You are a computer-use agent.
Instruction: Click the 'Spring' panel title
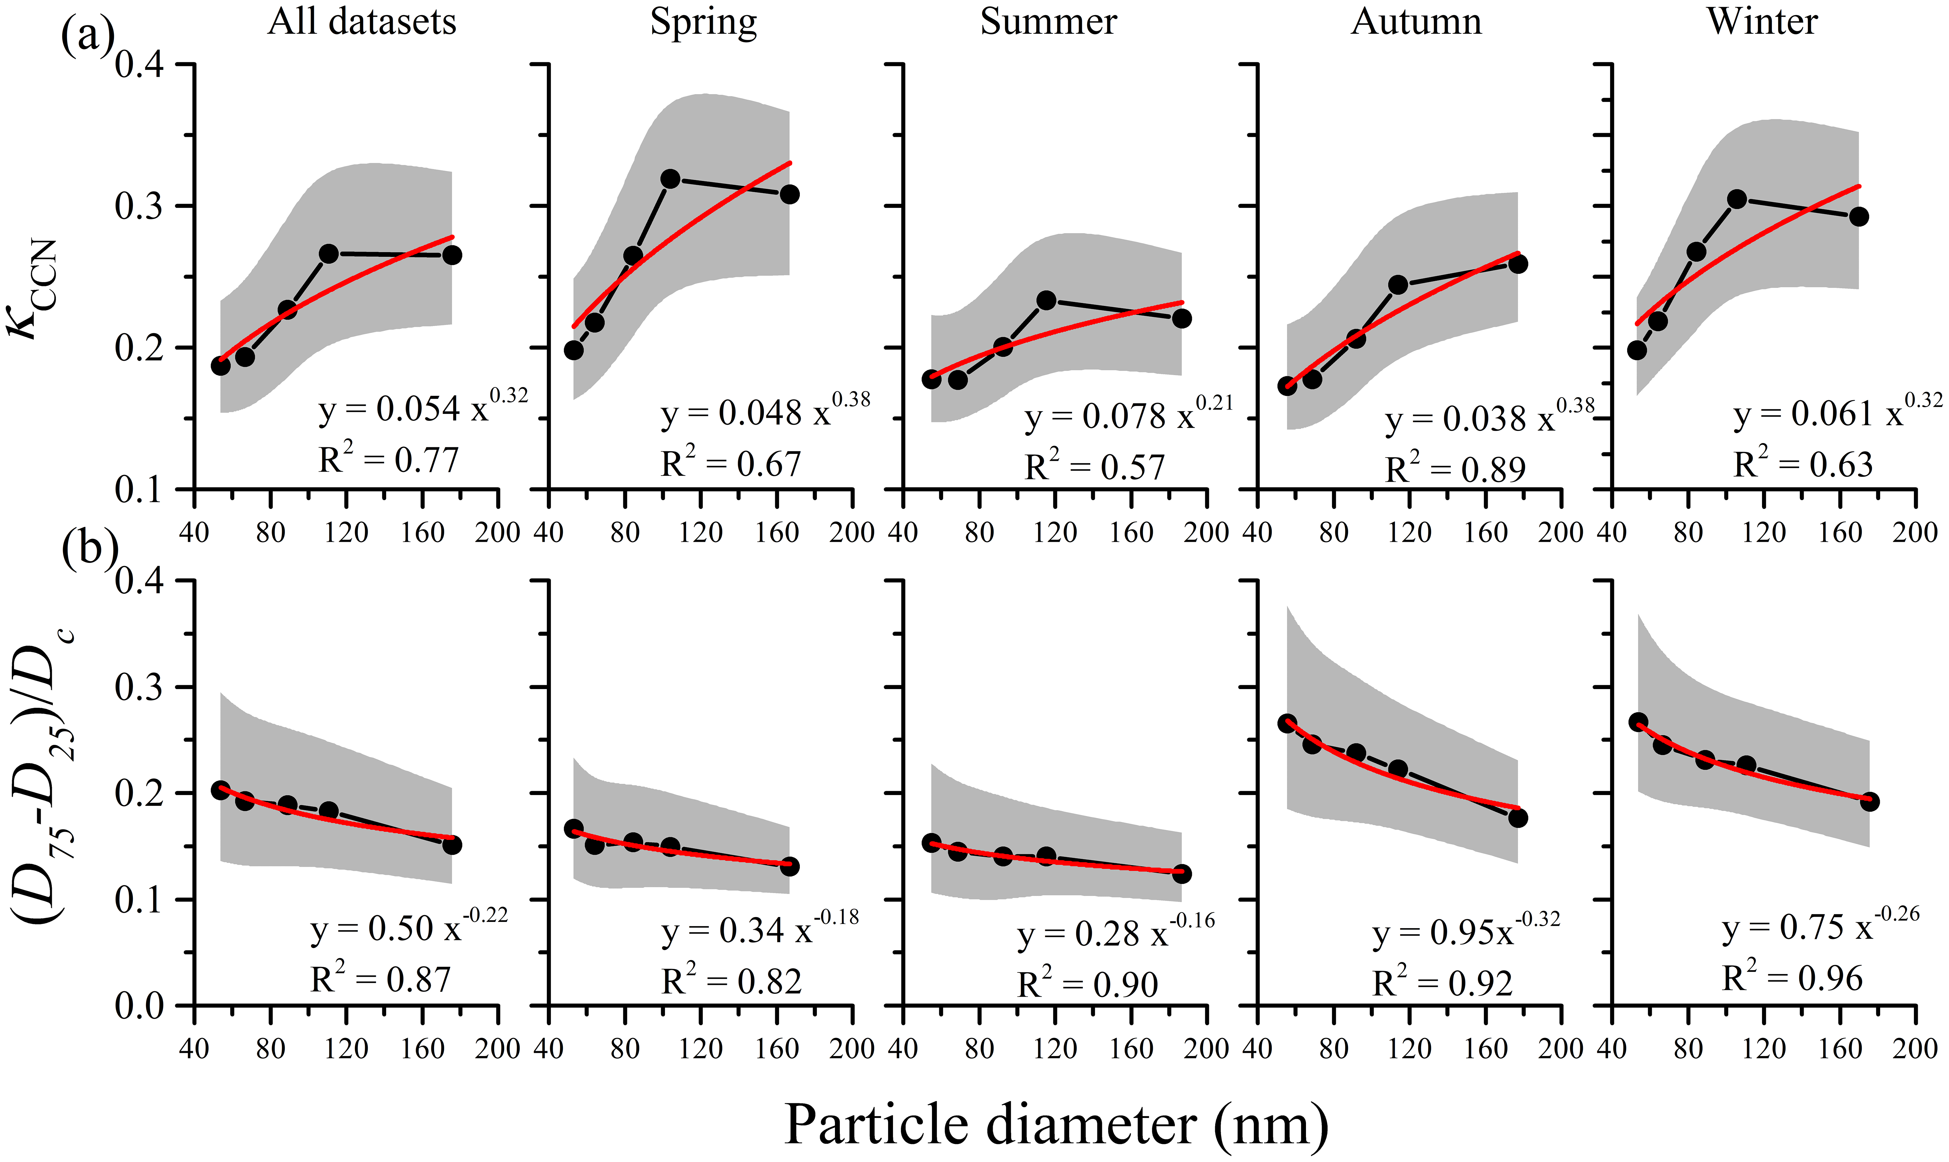coord(703,22)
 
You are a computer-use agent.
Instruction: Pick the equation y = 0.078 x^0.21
coord(1128,415)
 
